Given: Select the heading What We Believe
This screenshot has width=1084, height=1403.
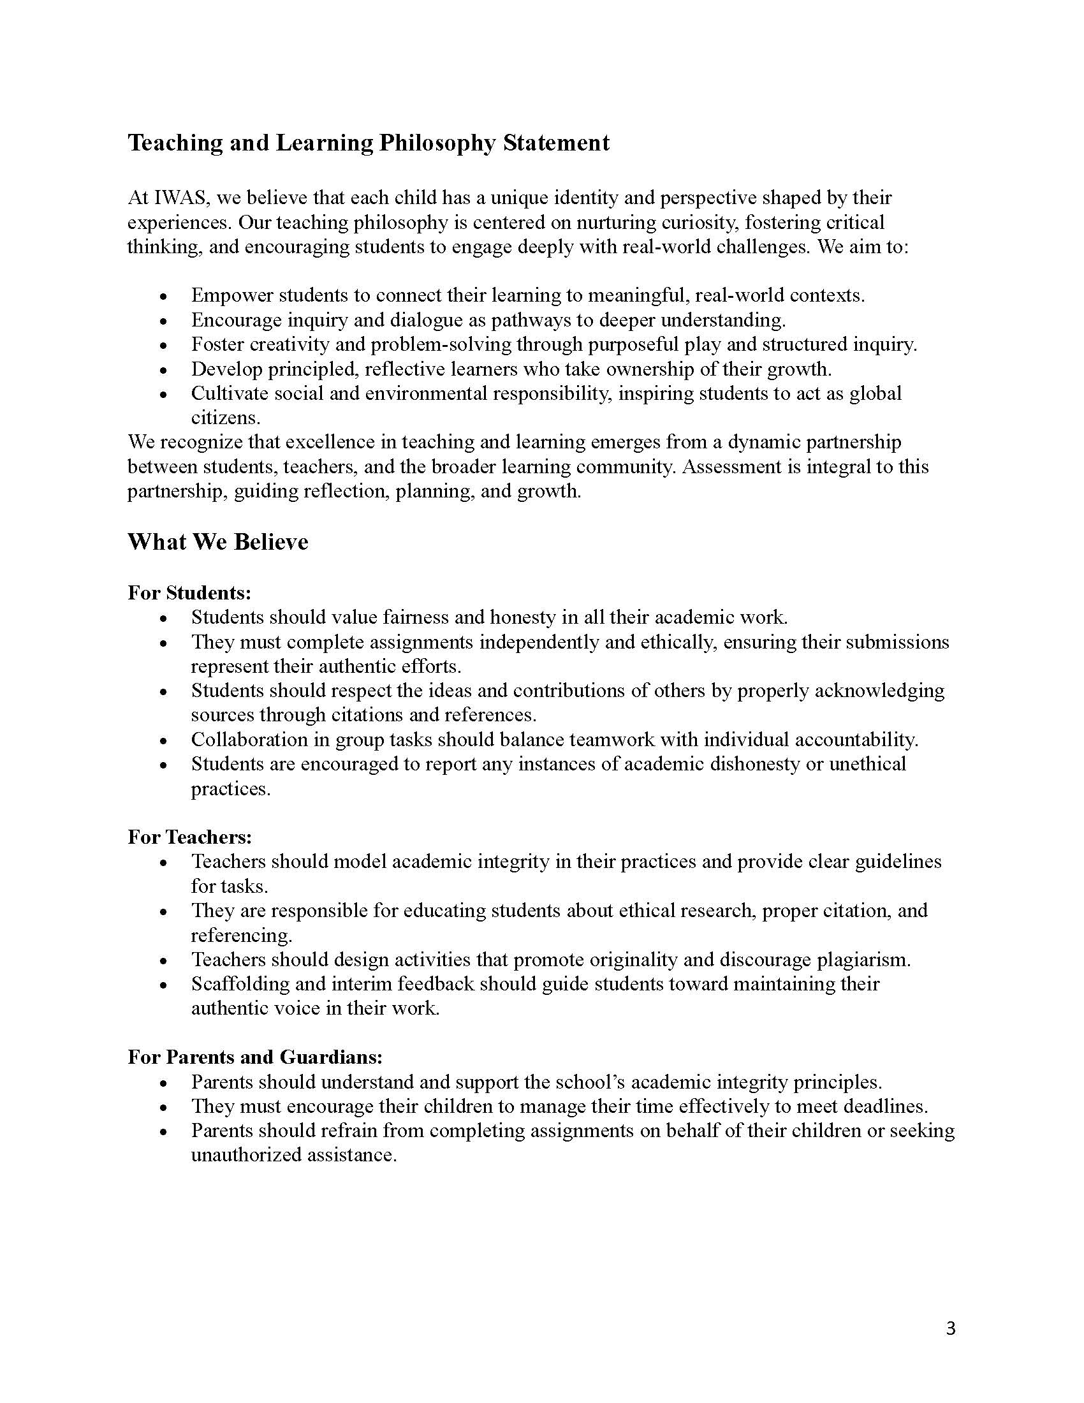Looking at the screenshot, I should point(217,541).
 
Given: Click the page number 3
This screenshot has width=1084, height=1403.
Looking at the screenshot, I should point(951,1329).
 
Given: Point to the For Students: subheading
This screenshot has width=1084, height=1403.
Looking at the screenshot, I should point(189,592).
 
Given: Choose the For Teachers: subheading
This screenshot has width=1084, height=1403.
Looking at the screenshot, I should point(189,837).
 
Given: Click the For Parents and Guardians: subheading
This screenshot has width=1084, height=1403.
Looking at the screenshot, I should point(255,1057).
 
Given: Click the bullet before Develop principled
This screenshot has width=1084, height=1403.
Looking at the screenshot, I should point(165,371).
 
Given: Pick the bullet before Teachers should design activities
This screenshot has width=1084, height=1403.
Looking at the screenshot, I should point(165,961).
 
